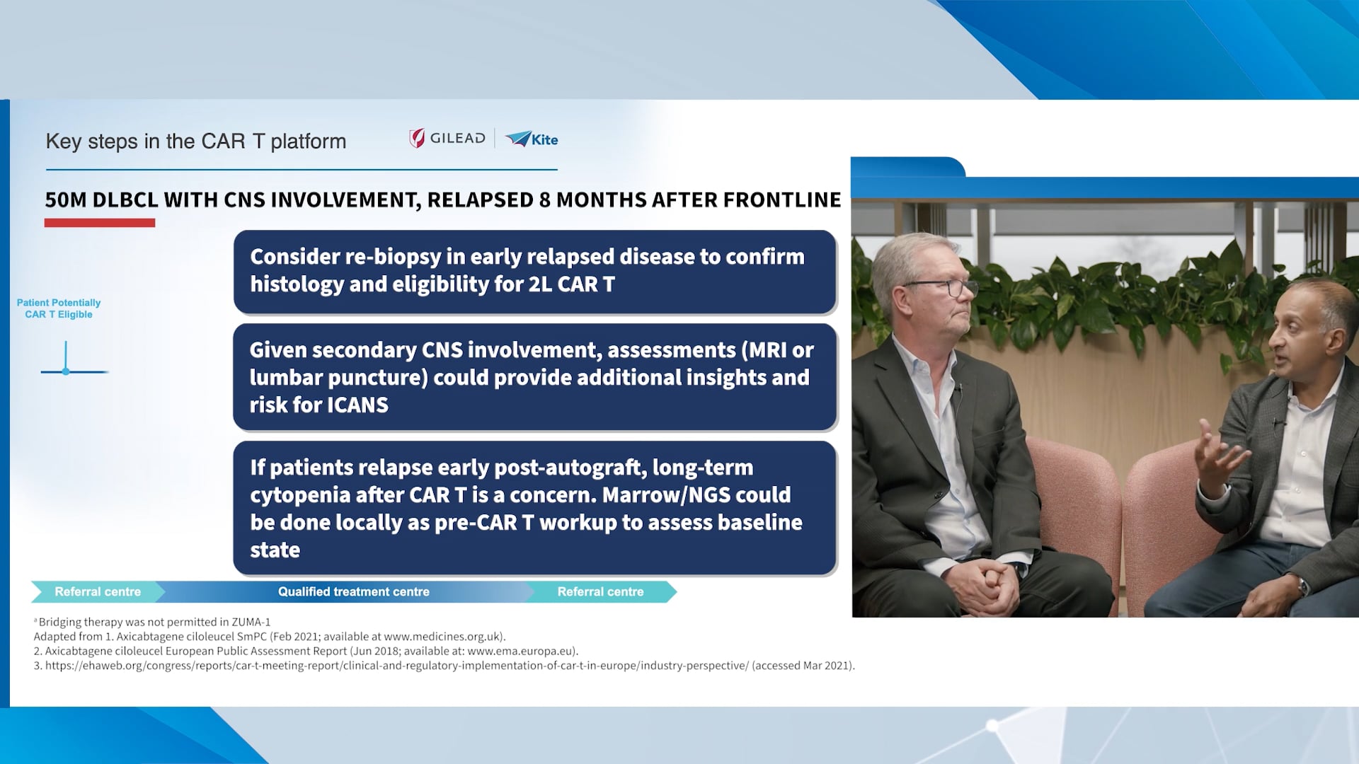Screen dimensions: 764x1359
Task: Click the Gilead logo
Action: point(447,139)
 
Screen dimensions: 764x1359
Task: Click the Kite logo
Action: point(532,139)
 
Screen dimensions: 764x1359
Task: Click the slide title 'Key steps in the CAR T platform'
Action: point(196,141)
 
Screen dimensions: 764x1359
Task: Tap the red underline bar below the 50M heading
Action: point(100,223)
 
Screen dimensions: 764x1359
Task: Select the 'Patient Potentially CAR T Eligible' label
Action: point(59,308)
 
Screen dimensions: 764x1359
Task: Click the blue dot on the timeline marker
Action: point(66,371)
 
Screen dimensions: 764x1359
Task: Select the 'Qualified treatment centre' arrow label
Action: point(353,592)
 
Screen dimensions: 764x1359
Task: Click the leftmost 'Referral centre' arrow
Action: point(98,592)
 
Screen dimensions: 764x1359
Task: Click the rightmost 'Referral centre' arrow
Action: point(600,592)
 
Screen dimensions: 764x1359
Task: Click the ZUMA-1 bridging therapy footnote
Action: point(154,623)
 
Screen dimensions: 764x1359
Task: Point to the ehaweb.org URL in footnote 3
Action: point(396,666)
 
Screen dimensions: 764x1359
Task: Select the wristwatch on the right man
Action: point(1302,586)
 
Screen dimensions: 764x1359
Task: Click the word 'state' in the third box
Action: point(275,550)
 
